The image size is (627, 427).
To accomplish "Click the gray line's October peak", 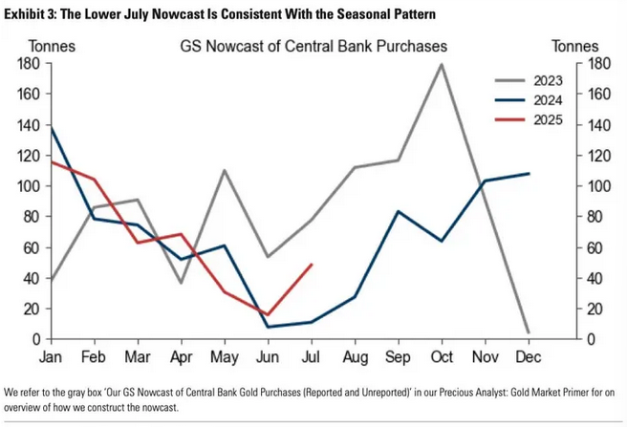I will click(x=442, y=64).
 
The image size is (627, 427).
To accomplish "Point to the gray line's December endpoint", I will click(x=529, y=332).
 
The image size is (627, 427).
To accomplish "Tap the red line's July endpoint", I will click(x=312, y=265).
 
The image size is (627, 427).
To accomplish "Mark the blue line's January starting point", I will click(x=51, y=127).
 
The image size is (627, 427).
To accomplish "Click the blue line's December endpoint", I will click(x=529, y=174).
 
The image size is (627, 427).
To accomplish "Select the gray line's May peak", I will click(x=225, y=171).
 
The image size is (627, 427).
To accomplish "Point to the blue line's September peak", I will click(x=399, y=211).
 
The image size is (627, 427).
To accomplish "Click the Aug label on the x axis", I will click(x=355, y=358).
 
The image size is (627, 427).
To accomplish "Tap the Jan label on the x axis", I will click(x=51, y=358).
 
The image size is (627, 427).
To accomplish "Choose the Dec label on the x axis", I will click(x=529, y=358).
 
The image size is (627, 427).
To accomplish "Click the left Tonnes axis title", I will click(x=51, y=46).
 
